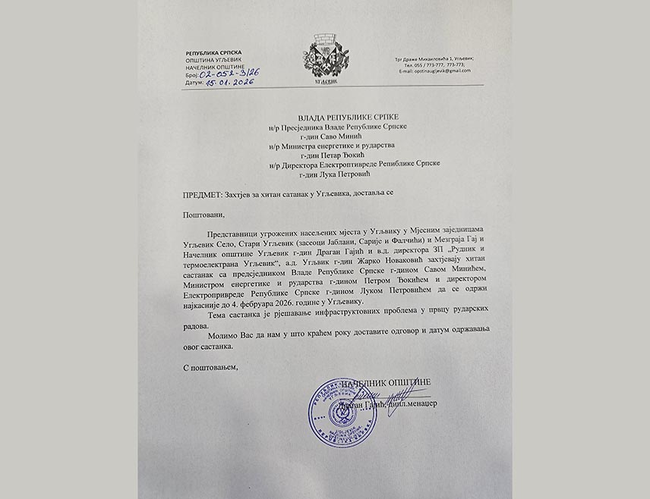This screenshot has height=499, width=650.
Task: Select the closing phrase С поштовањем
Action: (210, 368)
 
